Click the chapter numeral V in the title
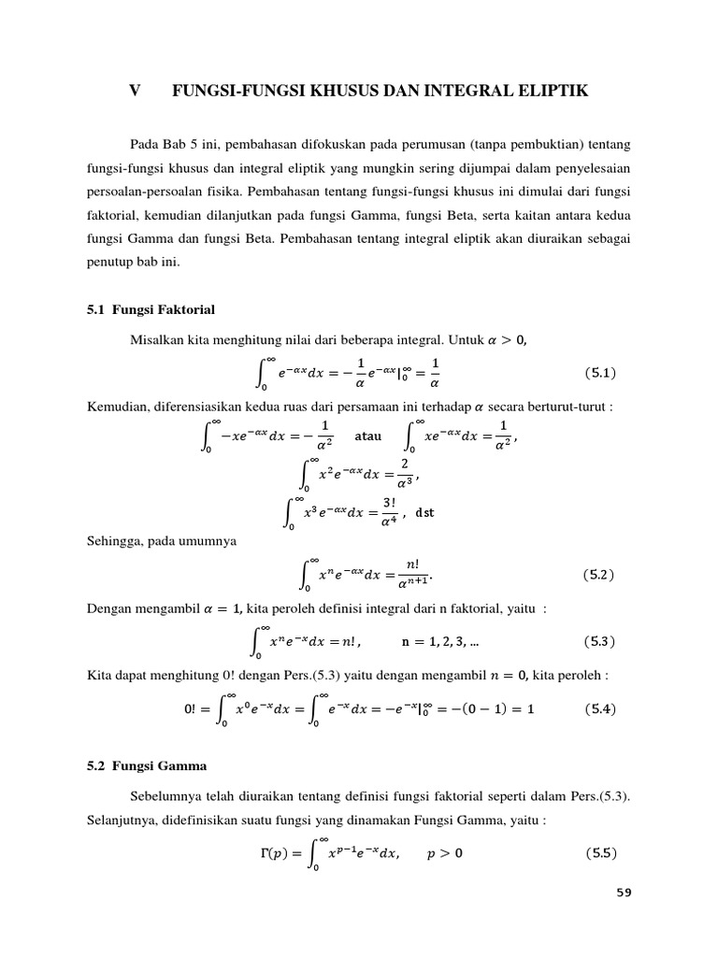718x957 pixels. pyautogui.click(x=135, y=91)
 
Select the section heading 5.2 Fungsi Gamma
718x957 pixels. pyautogui.click(x=146, y=767)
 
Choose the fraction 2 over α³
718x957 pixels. pyautogui.click(x=404, y=472)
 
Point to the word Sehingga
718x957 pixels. pyautogui.click(x=116, y=541)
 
